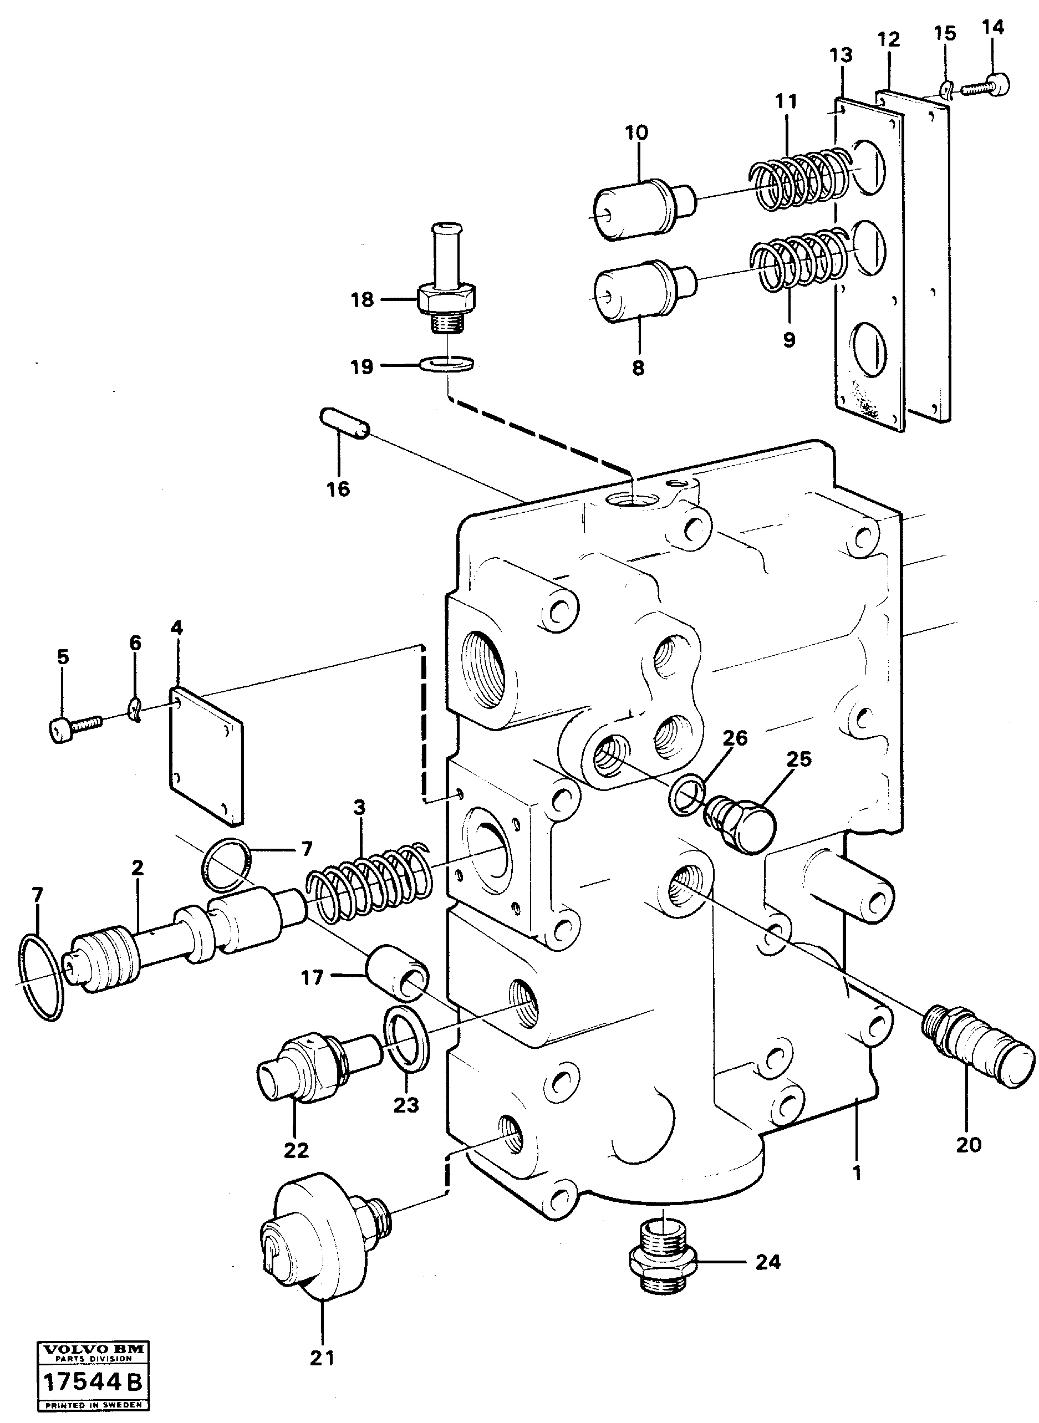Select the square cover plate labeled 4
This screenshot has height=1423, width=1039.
(206, 756)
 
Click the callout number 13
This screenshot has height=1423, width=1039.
(841, 55)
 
